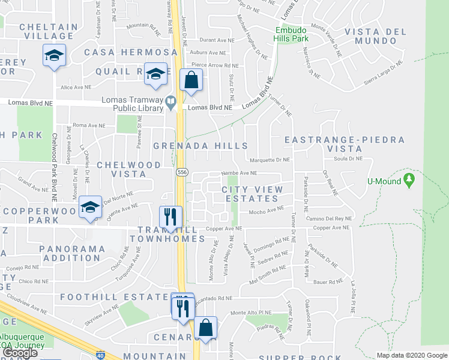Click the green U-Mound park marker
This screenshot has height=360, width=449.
click(409, 179)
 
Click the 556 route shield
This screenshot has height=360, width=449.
click(181, 172)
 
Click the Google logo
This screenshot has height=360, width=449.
click(20, 353)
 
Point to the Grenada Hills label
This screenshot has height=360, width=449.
click(200, 146)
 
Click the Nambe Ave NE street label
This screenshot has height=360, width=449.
click(239, 173)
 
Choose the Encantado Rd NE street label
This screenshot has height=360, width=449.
click(216, 298)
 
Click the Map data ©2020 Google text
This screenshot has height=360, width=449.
click(411, 355)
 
